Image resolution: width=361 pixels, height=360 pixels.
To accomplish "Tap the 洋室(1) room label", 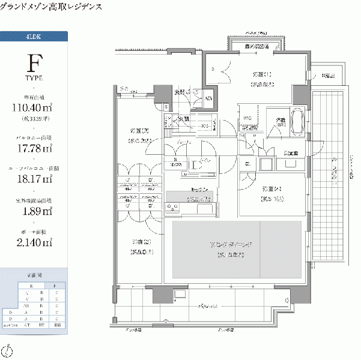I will pos(262,74).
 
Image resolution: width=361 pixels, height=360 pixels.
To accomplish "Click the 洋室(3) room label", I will pos(139,242).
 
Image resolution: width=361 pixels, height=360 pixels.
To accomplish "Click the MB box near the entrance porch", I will pos(209,98).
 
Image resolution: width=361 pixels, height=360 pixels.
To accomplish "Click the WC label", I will pos(246,118).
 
